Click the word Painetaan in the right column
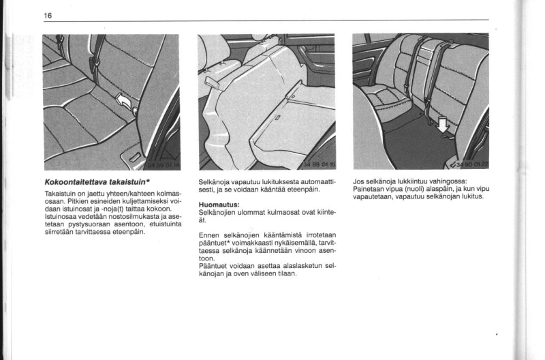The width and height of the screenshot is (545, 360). pyautogui.click(x=371, y=190)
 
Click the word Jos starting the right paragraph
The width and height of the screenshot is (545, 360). pyautogui.click(x=359, y=182)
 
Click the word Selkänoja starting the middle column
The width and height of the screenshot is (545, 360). pyautogui.click(x=217, y=182)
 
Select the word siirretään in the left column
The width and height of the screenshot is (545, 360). pyautogui.click(x=59, y=232)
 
